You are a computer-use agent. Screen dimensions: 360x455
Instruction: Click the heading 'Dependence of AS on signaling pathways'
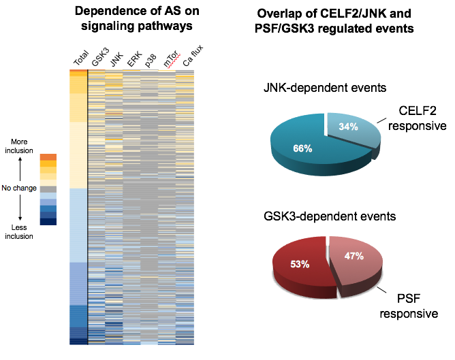pos(131,18)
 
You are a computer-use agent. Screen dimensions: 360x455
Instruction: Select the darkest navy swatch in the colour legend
pos(48,221)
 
